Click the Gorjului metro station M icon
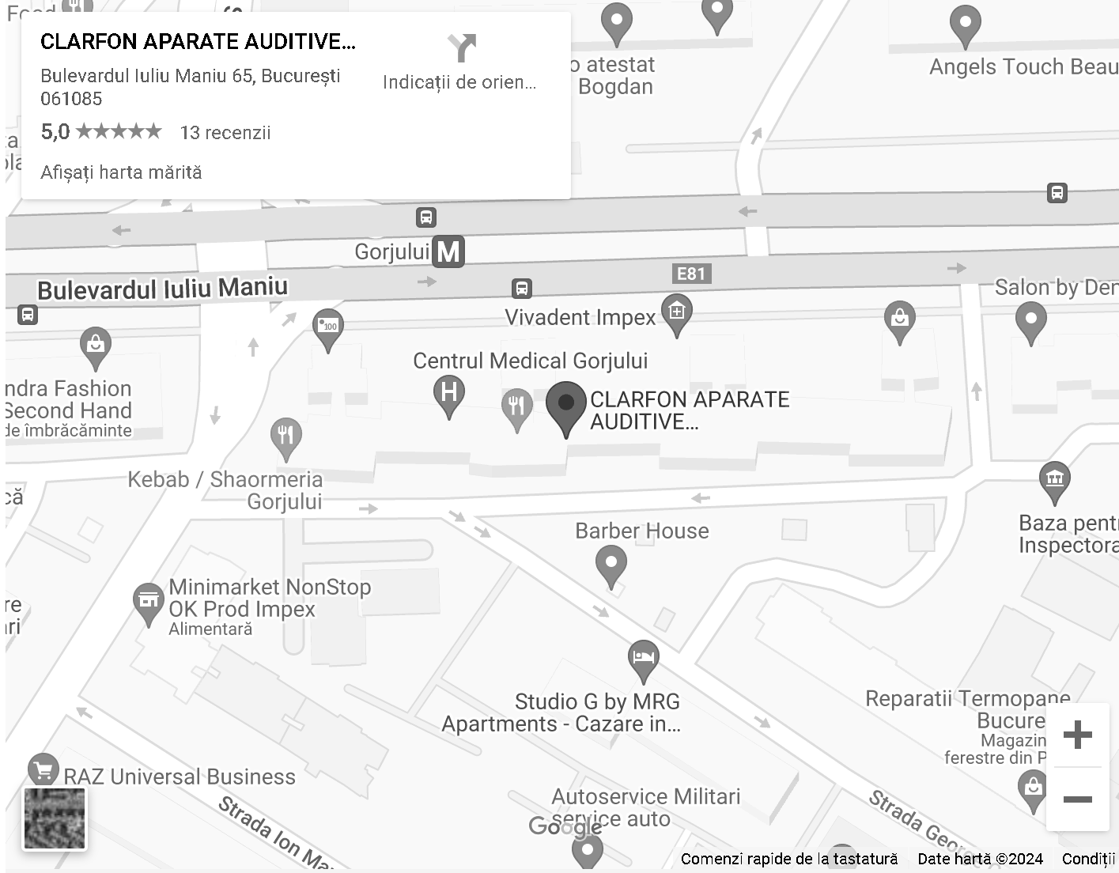(448, 251)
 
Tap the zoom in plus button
(1077, 735)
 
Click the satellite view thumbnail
(55, 818)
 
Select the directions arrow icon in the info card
(462, 48)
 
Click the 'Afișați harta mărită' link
(121, 172)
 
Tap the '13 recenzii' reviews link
(225, 133)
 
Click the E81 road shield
(690, 274)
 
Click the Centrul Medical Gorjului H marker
(449, 393)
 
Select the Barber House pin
(611, 565)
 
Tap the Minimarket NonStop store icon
(148, 600)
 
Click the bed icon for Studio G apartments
(644, 658)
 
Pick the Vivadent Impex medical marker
(677, 312)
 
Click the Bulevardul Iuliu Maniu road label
(162, 289)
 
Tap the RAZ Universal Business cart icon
(43, 769)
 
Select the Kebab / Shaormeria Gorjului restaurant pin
(286, 436)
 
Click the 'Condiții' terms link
(1088, 859)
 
